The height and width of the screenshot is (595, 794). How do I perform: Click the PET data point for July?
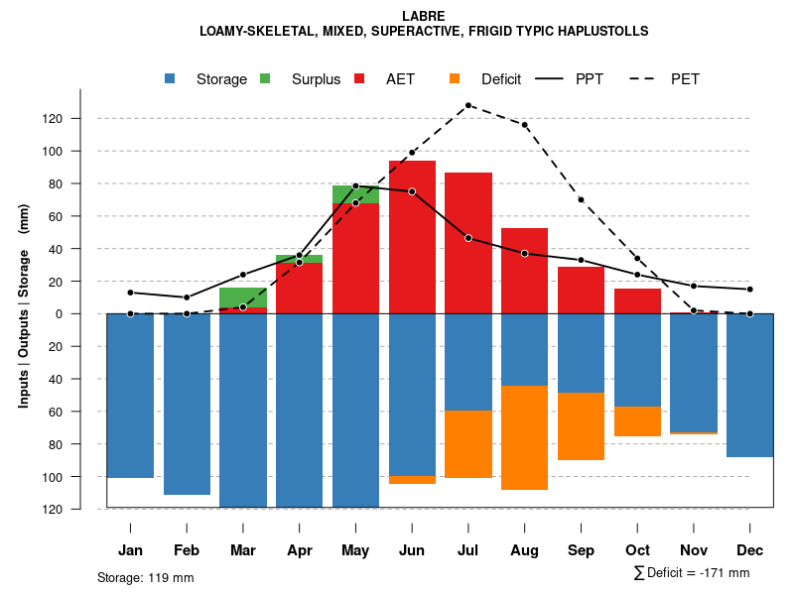[468, 105]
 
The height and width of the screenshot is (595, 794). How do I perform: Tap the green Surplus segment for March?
[243, 297]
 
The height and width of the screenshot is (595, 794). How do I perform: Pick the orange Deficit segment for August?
[524, 437]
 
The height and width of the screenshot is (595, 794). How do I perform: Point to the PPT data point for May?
[355, 186]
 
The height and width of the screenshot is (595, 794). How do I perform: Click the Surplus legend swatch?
[265, 78]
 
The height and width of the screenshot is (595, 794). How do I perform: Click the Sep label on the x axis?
[581, 550]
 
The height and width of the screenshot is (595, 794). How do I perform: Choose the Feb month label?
[187, 550]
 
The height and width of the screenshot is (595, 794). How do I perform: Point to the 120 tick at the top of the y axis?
[80, 119]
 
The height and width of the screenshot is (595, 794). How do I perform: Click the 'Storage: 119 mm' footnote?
[145, 577]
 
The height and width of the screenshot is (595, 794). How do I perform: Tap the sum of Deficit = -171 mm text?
[691, 573]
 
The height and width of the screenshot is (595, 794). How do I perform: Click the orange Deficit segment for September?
[581, 425]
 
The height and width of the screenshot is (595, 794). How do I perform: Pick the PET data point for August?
[524, 125]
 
